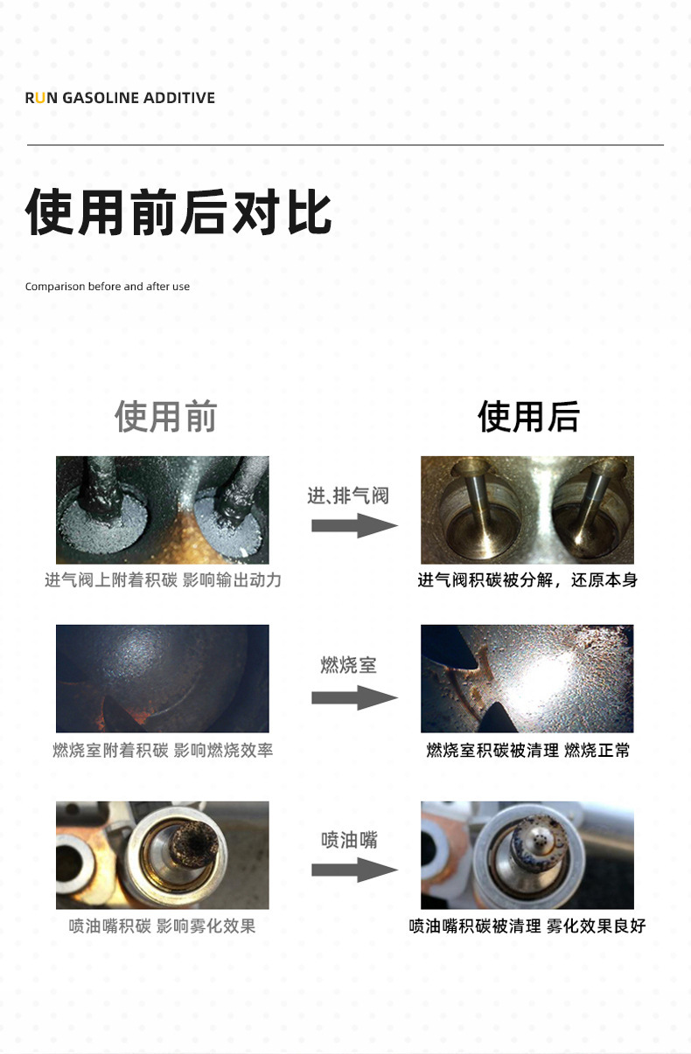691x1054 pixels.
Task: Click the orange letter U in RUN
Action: pyautogui.click(x=40, y=98)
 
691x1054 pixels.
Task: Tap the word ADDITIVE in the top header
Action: pyautogui.click(x=179, y=98)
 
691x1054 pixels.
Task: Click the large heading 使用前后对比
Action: pyautogui.click(x=178, y=212)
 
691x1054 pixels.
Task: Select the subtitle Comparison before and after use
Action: pyautogui.click(x=108, y=287)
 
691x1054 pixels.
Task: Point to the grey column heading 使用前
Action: pyautogui.click(x=166, y=416)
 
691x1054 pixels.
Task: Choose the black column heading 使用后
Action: pyautogui.click(x=528, y=416)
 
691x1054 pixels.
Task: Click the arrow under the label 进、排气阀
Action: pyautogui.click(x=355, y=525)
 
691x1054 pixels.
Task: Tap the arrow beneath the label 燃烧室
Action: pyautogui.click(x=355, y=697)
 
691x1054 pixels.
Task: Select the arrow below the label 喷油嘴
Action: pyautogui.click(x=355, y=870)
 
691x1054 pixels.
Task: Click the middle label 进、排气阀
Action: pyautogui.click(x=348, y=496)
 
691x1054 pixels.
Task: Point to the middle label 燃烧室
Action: pyautogui.click(x=349, y=665)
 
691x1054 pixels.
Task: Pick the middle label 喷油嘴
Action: pyautogui.click(x=349, y=840)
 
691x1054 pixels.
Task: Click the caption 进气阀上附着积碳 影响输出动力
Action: pyautogui.click(x=163, y=580)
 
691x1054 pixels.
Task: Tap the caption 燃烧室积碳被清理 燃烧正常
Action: pyautogui.click(x=528, y=751)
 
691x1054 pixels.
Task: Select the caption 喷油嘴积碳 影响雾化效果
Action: pyautogui.click(x=162, y=926)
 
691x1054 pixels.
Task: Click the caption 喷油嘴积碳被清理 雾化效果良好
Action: pyautogui.click(x=527, y=926)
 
